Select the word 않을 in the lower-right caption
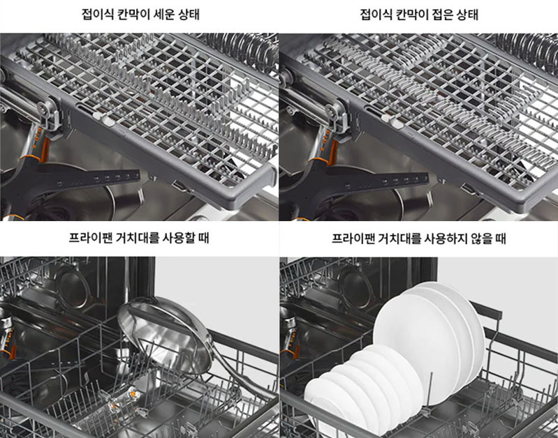(x=479, y=238)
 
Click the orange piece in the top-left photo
(x=44, y=149)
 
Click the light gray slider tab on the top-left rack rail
(x=104, y=119)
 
